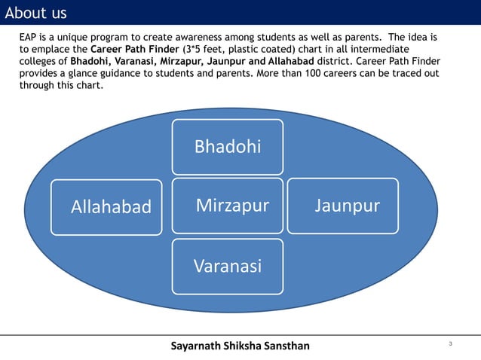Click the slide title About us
click(x=35, y=13)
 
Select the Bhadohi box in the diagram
click(x=228, y=146)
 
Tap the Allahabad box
click(x=107, y=206)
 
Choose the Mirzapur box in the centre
click(x=228, y=205)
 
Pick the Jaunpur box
click(x=343, y=205)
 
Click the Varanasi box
click(x=228, y=266)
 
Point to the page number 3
click(x=450, y=344)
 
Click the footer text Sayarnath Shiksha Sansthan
click(x=240, y=346)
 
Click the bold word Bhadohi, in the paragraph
click(x=90, y=61)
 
